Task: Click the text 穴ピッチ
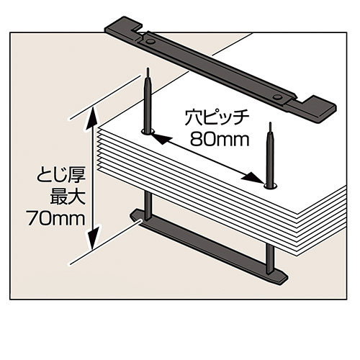tap(217, 118)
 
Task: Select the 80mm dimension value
tap(220, 139)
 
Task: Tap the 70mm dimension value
tap(56, 218)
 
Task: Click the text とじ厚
tap(61, 178)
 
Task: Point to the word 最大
tap(68, 197)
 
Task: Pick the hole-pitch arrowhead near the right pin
tap(253, 178)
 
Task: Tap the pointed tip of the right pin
tap(271, 123)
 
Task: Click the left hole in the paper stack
tap(148, 132)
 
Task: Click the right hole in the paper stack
tap(270, 186)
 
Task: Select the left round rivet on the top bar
tap(150, 42)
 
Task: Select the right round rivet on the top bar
tap(278, 97)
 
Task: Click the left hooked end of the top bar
tap(124, 27)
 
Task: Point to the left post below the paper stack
tap(148, 205)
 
